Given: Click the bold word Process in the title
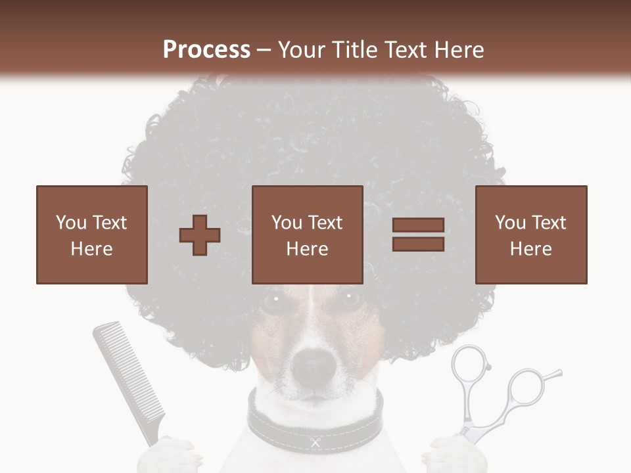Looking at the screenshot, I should [206, 49].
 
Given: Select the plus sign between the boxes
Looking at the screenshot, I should [200, 235].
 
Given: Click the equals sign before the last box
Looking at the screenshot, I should [418, 235].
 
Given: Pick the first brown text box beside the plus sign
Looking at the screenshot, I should [91, 235].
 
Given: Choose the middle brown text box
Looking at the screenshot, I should [307, 235].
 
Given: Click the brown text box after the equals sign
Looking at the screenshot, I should [530, 235].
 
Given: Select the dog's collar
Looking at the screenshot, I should [314, 420].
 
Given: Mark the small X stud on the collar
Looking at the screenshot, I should [315, 443].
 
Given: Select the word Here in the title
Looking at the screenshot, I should [457, 49].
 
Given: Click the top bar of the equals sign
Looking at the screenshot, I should [418, 225].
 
